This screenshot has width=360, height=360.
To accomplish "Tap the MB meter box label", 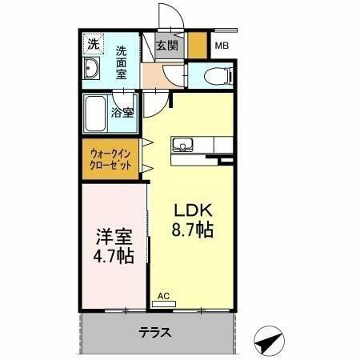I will tap(221, 46).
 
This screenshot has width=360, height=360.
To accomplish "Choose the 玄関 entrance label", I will tap(167, 46).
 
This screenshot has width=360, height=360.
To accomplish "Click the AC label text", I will tap(163, 295).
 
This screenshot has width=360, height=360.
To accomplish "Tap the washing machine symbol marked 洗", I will tap(93, 43).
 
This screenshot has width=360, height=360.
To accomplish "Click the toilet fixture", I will tap(217, 77).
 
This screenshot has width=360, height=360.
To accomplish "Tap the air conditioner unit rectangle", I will tap(165, 304).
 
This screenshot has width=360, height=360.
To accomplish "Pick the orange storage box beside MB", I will tap(197, 43).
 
